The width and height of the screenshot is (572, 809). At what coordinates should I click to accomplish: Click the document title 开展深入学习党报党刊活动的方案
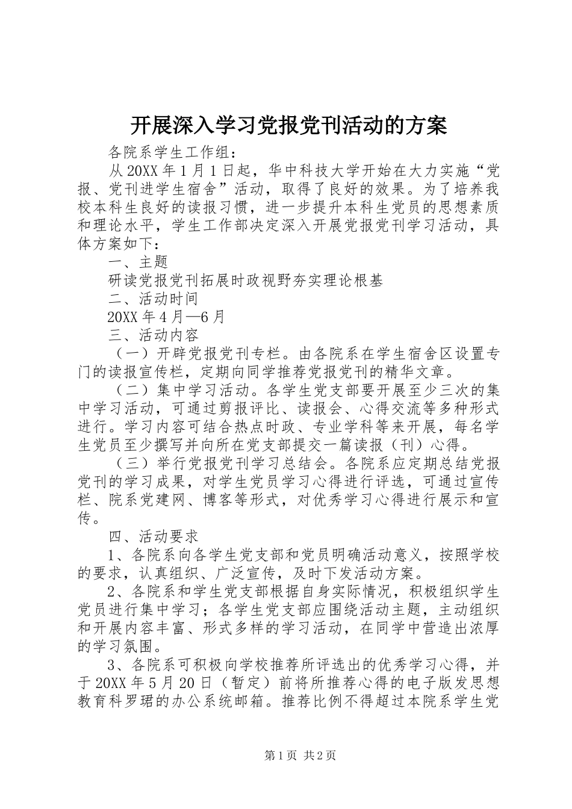[x=288, y=125]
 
